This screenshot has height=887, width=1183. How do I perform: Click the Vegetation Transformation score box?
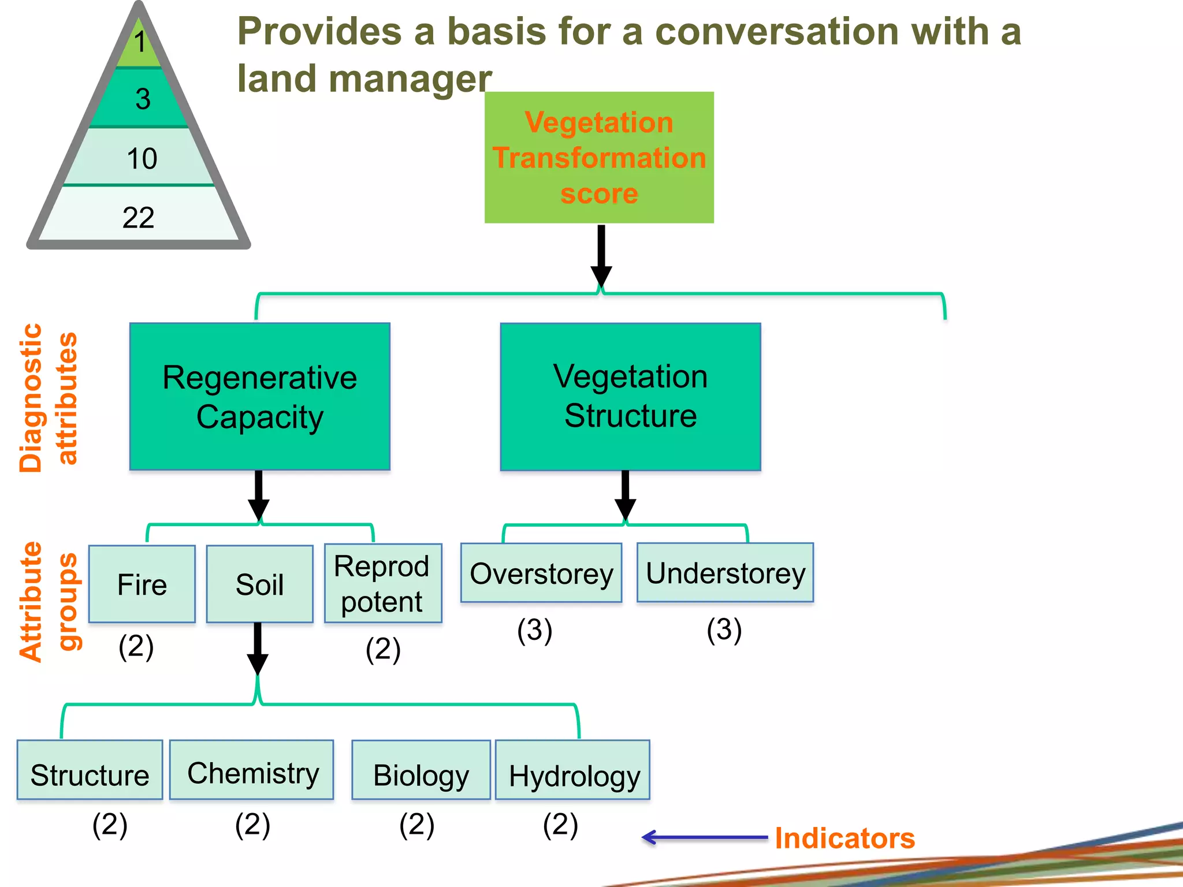click(x=599, y=157)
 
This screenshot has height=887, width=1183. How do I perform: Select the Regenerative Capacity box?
click(x=260, y=397)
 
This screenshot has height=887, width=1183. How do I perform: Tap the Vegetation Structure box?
click(x=630, y=397)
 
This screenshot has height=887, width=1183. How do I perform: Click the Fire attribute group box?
click(x=142, y=584)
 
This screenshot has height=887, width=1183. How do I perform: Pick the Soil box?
click(x=260, y=584)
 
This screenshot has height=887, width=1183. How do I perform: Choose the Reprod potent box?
click(x=383, y=583)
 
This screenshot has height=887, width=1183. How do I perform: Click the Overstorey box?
click(x=541, y=573)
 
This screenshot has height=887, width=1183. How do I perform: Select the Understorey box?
click(x=725, y=572)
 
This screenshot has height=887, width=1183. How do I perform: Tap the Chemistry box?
click(x=252, y=770)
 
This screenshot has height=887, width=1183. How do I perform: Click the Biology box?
click(x=421, y=770)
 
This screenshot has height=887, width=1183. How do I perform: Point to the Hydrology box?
click(x=573, y=770)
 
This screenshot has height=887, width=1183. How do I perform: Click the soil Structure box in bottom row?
click(x=90, y=770)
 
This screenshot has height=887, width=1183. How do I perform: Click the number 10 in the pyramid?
click(x=142, y=158)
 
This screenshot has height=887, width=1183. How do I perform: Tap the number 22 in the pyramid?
click(x=139, y=218)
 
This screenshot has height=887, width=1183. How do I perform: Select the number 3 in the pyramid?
click(x=143, y=99)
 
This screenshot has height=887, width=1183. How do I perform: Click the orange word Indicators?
click(x=845, y=838)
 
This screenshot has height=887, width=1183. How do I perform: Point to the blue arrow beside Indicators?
click(x=705, y=837)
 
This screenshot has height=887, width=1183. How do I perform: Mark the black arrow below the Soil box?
click(x=258, y=650)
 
